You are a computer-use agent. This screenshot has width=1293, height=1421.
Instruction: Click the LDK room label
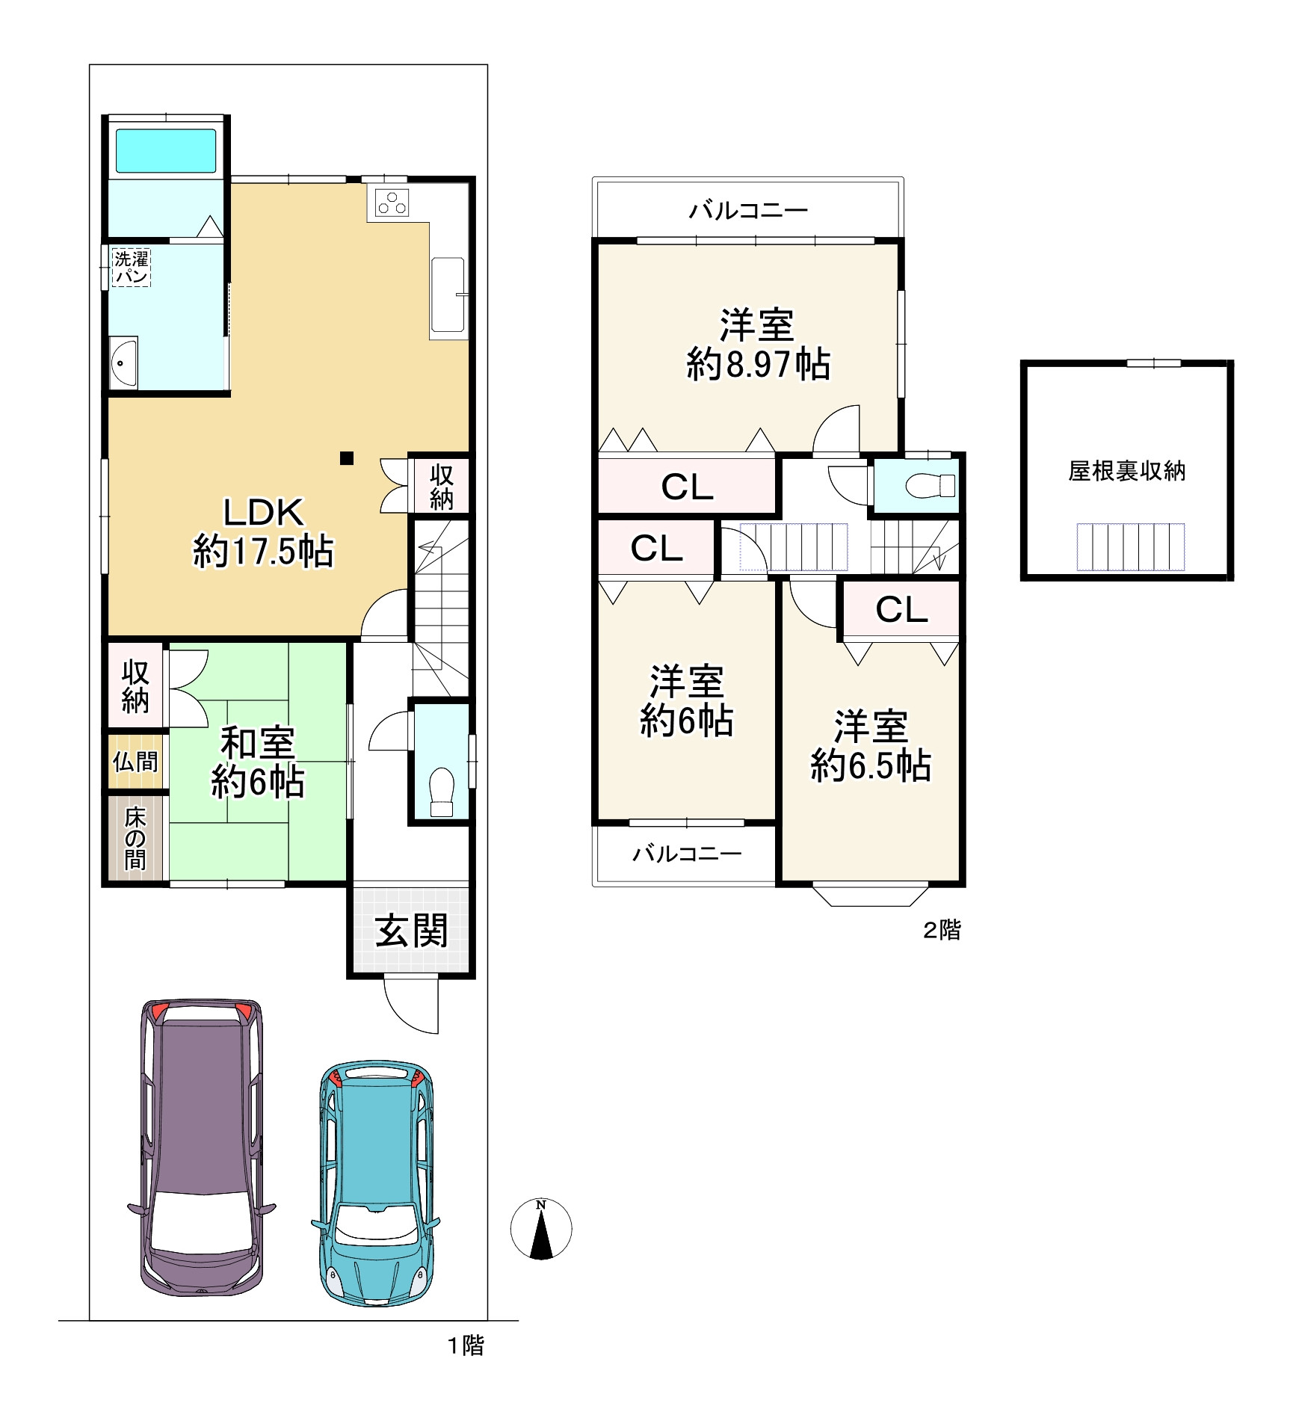[x=263, y=513]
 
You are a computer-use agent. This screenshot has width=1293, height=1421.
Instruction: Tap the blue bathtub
[x=166, y=151]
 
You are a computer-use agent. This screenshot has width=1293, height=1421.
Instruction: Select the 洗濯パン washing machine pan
[x=132, y=268]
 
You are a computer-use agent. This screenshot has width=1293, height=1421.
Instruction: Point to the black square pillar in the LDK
[x=347, y=458]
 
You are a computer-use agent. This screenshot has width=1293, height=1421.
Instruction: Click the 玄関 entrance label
[x=411, y=931]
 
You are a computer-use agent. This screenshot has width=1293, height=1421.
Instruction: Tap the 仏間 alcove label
[x=135, y=762]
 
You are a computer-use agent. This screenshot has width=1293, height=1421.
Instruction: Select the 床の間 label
[x=135, y=838]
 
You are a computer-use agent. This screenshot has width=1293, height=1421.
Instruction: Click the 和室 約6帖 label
[x=258, y=762]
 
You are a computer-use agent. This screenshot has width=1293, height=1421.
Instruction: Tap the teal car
[x=376, y=1183]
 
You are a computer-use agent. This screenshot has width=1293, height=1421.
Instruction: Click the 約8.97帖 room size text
[x=758, y=364]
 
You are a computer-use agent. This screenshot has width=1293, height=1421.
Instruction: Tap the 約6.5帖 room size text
[x=871, y=765]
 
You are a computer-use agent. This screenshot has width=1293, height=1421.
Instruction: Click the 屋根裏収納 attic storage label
[x=1126, y=471]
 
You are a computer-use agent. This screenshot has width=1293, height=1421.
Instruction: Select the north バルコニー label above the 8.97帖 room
[x=748, y=210]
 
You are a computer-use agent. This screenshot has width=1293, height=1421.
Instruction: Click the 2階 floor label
[x=942, y=929]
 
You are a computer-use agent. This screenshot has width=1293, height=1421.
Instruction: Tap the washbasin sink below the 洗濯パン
[x=123, y=363]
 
